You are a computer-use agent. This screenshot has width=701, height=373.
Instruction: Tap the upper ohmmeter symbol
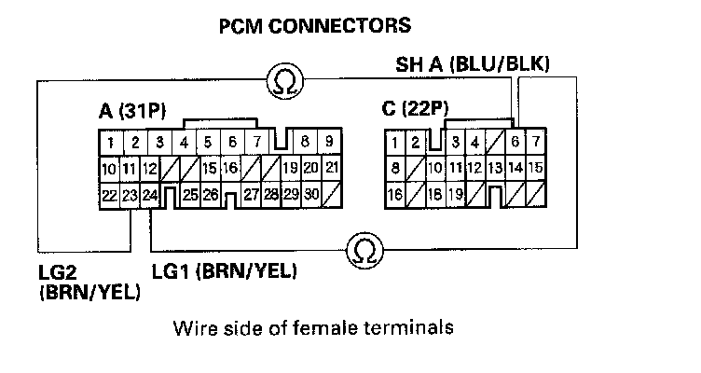click(x=282, y=82)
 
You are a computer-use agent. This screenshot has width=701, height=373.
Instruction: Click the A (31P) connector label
click(x=131, y=113)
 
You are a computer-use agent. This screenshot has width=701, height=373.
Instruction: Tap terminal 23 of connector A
click(x=131, y=196)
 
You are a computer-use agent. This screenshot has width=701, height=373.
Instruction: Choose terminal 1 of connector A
click(x=110, y=144)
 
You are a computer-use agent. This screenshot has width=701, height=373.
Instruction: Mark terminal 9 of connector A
click(x=330, y=144)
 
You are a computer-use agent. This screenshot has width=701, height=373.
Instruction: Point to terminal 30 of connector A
click(x=311, y=196)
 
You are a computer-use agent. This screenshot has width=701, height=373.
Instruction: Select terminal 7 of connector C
click(x=535, y=143)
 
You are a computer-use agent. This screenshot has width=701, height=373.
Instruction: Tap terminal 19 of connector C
click(x=455, y=196)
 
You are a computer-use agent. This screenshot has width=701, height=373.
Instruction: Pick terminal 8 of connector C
click(x=396, y=170)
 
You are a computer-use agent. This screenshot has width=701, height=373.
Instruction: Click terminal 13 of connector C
click(x=495, y=170)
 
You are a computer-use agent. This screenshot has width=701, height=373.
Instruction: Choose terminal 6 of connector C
click(x=515, y=143)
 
